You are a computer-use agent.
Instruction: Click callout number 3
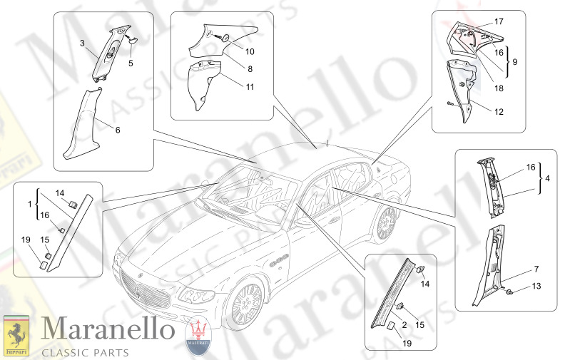[83, 43]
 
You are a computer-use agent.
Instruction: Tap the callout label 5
[131, 63]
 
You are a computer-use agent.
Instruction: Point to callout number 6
[118, 130]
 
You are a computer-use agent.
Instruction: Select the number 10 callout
[250, 51]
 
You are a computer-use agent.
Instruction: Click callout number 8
[250, 69]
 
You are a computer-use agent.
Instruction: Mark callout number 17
[499, 21]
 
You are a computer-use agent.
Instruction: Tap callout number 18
[499, 88]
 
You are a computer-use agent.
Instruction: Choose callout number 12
[499, 112]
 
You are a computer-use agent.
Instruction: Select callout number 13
[536, 285]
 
